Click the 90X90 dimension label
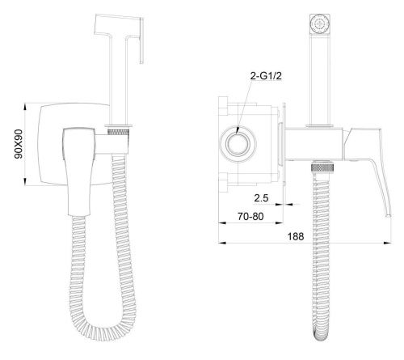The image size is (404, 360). [19, 144]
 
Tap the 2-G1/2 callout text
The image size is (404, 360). [266, 76]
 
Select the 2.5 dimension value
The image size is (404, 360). [261, 198]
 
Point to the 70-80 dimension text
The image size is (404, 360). [250, 216]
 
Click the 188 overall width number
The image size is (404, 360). [296, 236]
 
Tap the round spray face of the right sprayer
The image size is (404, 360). [320, 23]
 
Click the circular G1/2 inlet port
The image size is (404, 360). [238, 144]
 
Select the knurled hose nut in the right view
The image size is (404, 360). [322, 167]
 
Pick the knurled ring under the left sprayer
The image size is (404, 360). [118, 132]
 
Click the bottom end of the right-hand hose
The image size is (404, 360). [322, 337]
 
